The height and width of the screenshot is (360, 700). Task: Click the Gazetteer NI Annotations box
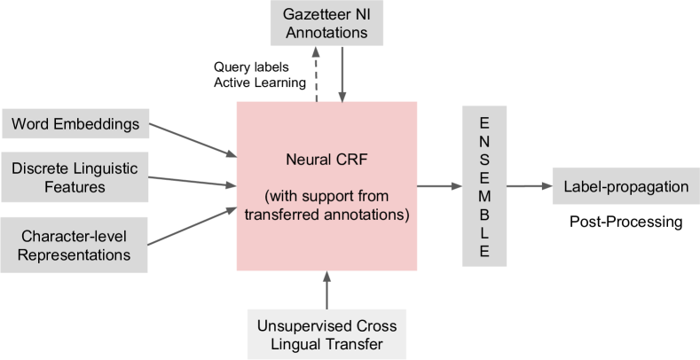(x=326, y=23)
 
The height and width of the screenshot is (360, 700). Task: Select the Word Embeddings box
(x=75, y=123)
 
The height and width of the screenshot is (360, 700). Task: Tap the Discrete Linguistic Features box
(x=75, y=177)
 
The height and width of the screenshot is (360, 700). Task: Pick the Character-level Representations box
(x=75, y=245)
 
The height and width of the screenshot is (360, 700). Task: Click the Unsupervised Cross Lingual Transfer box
(x=326, y=334)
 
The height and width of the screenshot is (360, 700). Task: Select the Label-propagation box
(x=625, y=186)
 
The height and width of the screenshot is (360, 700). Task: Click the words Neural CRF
(x=326, y=160)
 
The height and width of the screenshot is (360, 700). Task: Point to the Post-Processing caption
(x=625, y=222)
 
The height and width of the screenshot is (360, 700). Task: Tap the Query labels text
(x=251, y=67)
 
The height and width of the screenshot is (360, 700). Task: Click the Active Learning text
(x=260, y=82)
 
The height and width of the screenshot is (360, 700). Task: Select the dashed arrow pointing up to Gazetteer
(x=316, y=74)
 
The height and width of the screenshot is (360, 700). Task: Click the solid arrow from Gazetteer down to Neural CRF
(x=342, y=74)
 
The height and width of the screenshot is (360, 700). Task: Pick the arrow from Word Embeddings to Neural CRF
(x=193, y=140)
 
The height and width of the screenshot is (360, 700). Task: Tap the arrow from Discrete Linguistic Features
(x=192, y=181)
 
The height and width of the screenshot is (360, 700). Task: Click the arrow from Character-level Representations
(x=192, y=226)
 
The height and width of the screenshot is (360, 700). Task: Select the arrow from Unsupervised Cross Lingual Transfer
(x=326, y=290)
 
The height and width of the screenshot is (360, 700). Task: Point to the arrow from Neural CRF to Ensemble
(x=439, y=186)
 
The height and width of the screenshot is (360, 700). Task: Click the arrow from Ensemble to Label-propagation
(x=530, y=186)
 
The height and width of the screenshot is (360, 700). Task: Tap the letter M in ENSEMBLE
(x=484, y=196)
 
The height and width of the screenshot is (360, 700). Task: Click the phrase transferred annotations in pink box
(x=326, y=215)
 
